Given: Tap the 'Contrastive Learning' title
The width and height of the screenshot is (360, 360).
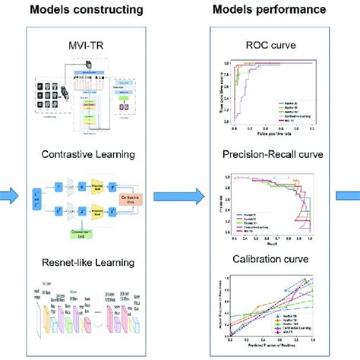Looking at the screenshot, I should [x=99, y=154].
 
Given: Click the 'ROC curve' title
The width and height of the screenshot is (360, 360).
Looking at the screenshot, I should [x=263, y=48].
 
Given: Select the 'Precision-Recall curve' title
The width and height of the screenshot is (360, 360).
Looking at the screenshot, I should [x=263, y=156].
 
